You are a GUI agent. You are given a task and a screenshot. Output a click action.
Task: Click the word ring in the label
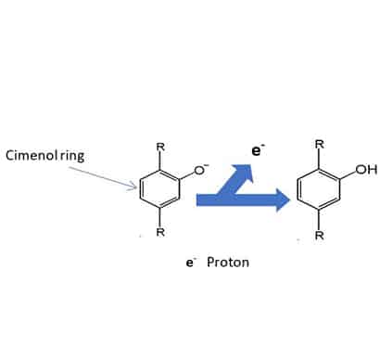point(72,156)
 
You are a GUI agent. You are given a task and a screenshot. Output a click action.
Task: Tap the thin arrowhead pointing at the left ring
point(133,186)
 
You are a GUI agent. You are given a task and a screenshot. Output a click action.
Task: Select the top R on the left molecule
point(160,148)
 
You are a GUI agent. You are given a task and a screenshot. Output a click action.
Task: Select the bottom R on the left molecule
point(160,232)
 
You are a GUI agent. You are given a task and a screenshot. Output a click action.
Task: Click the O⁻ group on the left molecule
point(201,169)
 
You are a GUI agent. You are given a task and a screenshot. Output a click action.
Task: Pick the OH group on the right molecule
point(366,170)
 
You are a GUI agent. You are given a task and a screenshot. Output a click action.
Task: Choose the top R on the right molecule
point(320,145)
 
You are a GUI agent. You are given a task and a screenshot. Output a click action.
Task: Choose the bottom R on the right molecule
point(320,236)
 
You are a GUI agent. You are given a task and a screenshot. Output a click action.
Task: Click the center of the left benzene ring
point(159,188)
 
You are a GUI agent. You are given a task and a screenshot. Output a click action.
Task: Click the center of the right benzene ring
point(319,189)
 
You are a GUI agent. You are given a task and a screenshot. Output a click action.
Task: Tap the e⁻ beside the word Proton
point(191,263)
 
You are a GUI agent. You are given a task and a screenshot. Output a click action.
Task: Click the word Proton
point(228,263)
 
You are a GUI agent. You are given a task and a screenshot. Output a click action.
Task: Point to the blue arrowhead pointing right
point(283,200)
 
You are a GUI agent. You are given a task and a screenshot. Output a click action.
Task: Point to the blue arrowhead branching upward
point(244,172)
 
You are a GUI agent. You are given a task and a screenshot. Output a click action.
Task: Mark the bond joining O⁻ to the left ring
point(187,174)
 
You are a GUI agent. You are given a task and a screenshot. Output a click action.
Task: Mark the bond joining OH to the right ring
point(348,174)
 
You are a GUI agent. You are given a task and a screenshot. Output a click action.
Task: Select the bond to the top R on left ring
point(160,161)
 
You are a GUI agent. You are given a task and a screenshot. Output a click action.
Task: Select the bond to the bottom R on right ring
point(319,220)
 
